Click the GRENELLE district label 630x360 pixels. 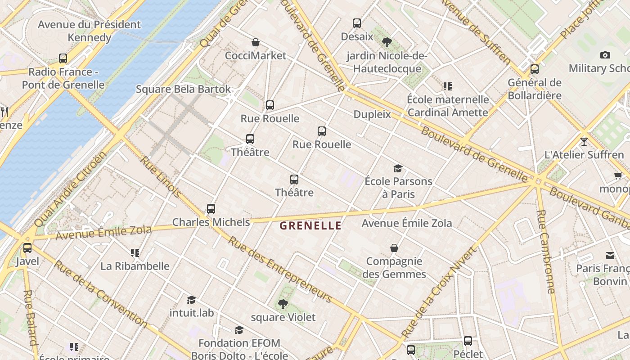(310, 226)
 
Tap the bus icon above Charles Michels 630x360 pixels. (211, 208)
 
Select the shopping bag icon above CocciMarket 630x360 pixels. (256, 42)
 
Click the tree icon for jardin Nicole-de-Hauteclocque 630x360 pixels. (387, 42)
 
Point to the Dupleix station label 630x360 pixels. (372, 114)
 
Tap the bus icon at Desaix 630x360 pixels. (357, 23)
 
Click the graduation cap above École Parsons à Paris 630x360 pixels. (398, 168)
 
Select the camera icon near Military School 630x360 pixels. (605, 55)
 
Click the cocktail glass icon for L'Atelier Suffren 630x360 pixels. (584, 141)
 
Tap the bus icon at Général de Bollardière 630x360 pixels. (535, 69)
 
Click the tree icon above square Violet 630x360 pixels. (283, 304)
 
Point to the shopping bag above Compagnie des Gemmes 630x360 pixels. (394, 248)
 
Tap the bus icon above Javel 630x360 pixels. (27, 247)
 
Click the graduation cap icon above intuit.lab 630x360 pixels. (192, 299)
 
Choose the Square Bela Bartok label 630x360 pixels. (183, 89)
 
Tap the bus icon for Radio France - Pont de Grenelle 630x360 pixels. (63, 58)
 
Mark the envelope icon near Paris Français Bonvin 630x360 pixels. (610, 255)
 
